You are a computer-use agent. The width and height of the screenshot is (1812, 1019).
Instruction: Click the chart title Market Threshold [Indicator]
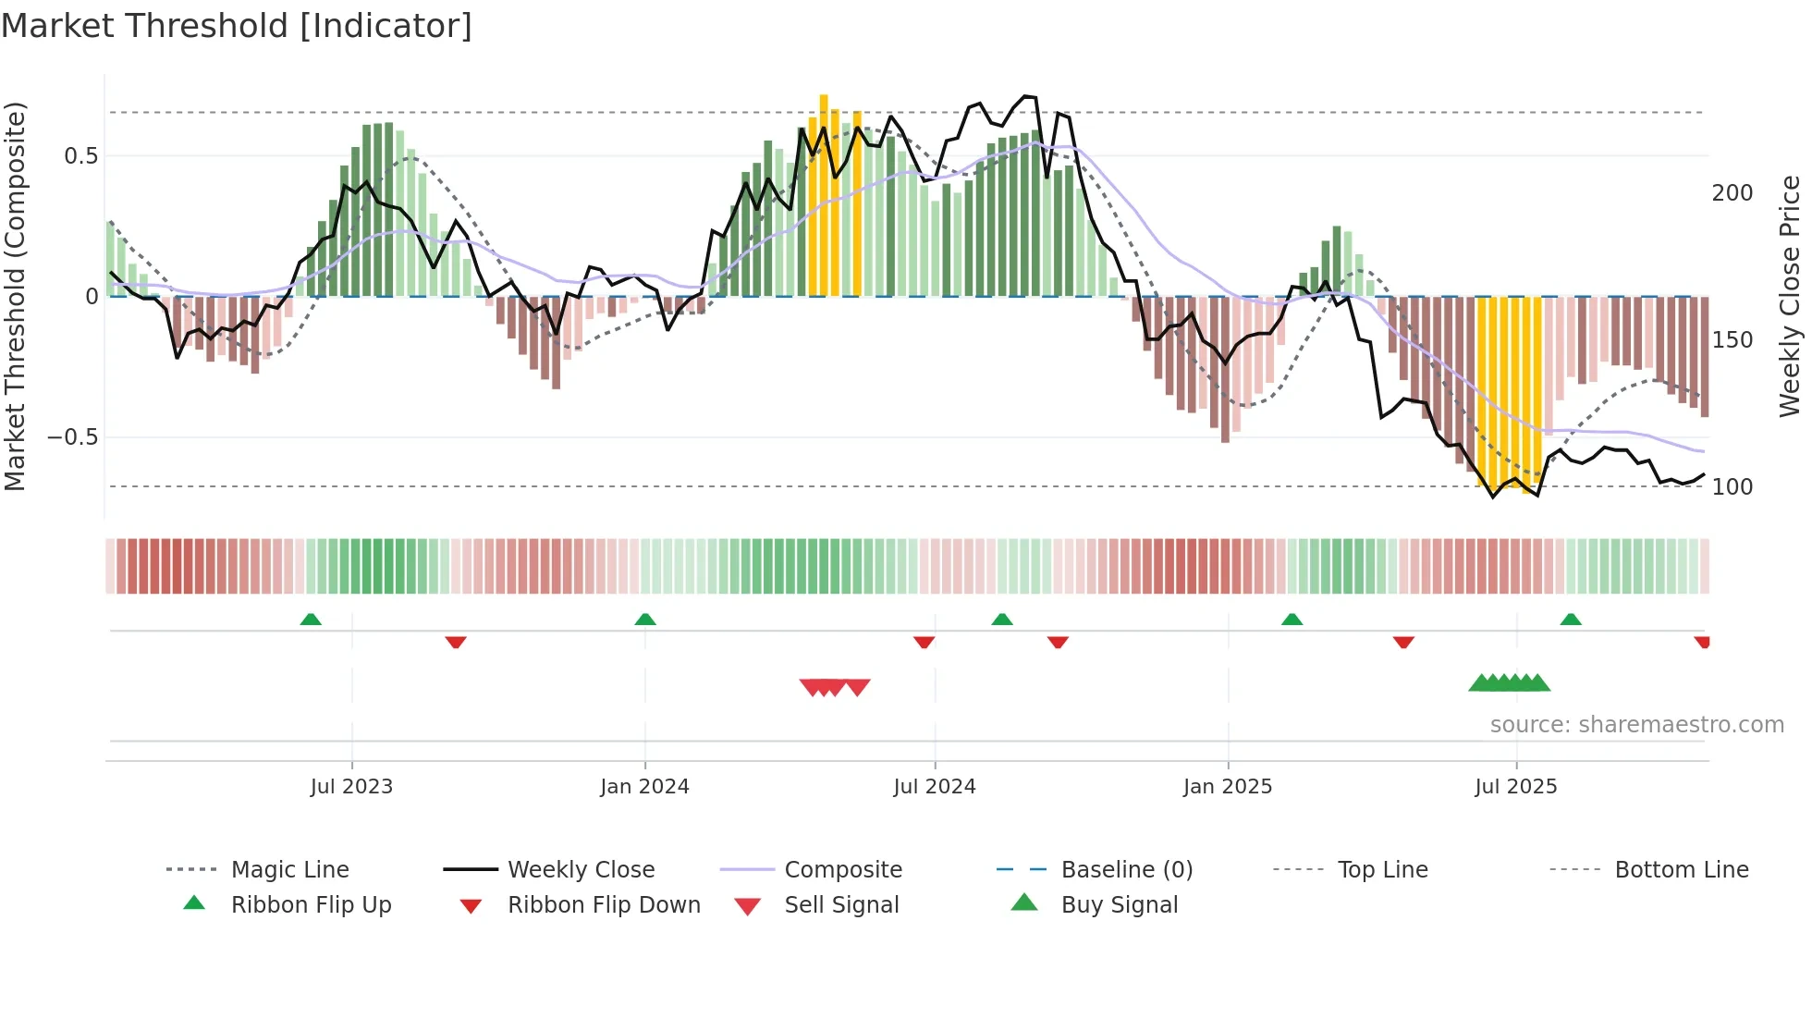tap(237, 26)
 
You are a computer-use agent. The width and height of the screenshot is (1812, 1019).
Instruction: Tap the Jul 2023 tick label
tap(351, 787)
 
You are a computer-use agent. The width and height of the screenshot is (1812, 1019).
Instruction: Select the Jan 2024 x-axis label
tap(644, 787)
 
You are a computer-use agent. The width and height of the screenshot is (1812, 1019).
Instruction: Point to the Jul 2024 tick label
tap(935, 787)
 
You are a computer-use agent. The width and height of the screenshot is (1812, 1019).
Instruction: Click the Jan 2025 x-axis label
tap(1228, 787)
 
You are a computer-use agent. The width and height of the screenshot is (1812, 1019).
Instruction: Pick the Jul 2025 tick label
tap(1516, 787)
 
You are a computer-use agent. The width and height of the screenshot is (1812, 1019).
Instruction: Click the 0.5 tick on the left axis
tap(80, 156)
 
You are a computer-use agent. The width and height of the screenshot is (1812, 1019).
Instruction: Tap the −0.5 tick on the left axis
tap(73, 437)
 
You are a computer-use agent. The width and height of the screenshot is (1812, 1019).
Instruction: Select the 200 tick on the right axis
tap(1732, 193)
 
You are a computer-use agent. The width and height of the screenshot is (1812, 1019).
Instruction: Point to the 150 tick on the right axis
tap(1732, 340)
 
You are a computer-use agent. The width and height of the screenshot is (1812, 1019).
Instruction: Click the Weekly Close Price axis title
tap(1790, 296)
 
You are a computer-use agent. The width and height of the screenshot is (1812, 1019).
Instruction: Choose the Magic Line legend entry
tap(289, 870)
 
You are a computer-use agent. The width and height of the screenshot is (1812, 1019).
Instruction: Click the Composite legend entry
tap(842, 870)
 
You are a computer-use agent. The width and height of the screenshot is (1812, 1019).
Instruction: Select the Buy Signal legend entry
tap(1119, 905)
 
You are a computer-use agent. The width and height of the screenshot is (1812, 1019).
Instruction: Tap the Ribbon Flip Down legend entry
tap(603, 905)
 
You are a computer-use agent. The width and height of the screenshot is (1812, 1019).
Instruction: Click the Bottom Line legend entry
tap(1681, 870)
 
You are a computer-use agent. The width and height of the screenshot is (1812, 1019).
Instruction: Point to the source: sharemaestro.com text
tap(1636, 725)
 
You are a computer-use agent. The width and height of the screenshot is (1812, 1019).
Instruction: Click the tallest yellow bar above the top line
tap(824, 194)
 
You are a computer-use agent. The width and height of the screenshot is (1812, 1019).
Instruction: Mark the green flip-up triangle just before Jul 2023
tap(311, 620)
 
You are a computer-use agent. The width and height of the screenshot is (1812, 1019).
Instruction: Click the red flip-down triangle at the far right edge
tap(1702, 643)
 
